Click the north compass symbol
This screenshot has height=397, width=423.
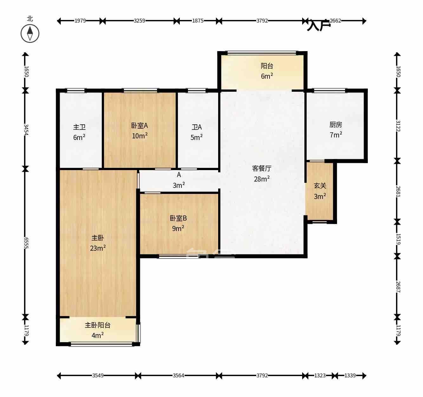30,33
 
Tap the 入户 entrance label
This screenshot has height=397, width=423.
318,25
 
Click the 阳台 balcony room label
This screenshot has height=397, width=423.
267,66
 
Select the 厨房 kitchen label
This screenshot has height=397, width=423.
335,125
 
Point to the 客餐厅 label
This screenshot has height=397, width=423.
262,169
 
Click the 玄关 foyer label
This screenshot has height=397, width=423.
320,186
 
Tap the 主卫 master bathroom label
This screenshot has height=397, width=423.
79,127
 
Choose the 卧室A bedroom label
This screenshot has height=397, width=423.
140,126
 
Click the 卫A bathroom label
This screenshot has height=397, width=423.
197,127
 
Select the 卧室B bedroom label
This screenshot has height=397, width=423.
178,218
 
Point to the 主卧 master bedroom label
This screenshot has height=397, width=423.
98,238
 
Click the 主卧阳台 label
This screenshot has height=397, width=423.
98,325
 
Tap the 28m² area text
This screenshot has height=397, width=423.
262,179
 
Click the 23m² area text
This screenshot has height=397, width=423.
98,248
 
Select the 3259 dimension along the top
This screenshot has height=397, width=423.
139,21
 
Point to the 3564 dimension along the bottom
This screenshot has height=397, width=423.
179,376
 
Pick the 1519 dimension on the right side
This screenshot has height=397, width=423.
398,239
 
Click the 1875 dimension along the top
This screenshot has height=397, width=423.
198,21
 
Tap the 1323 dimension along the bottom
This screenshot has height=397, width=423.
320,376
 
